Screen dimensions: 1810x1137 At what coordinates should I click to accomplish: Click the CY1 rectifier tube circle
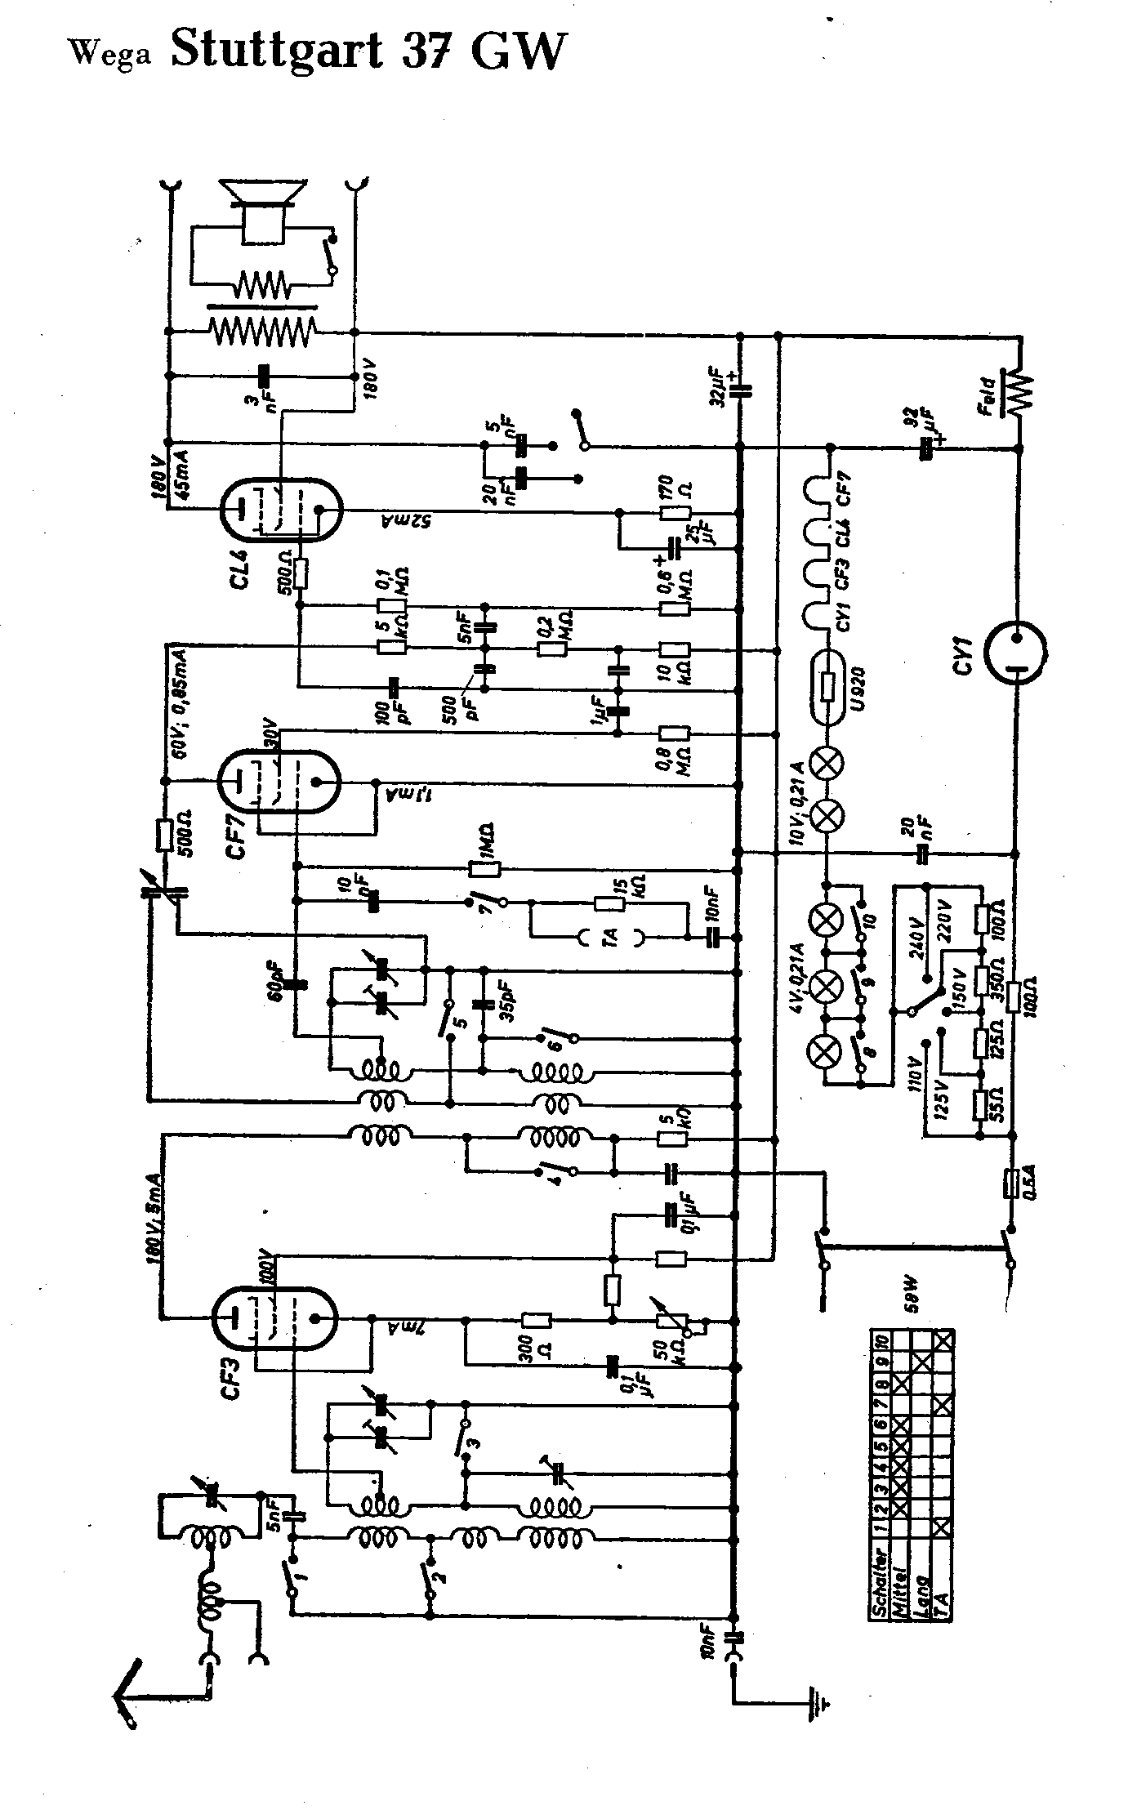(x=1015, y=651)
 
